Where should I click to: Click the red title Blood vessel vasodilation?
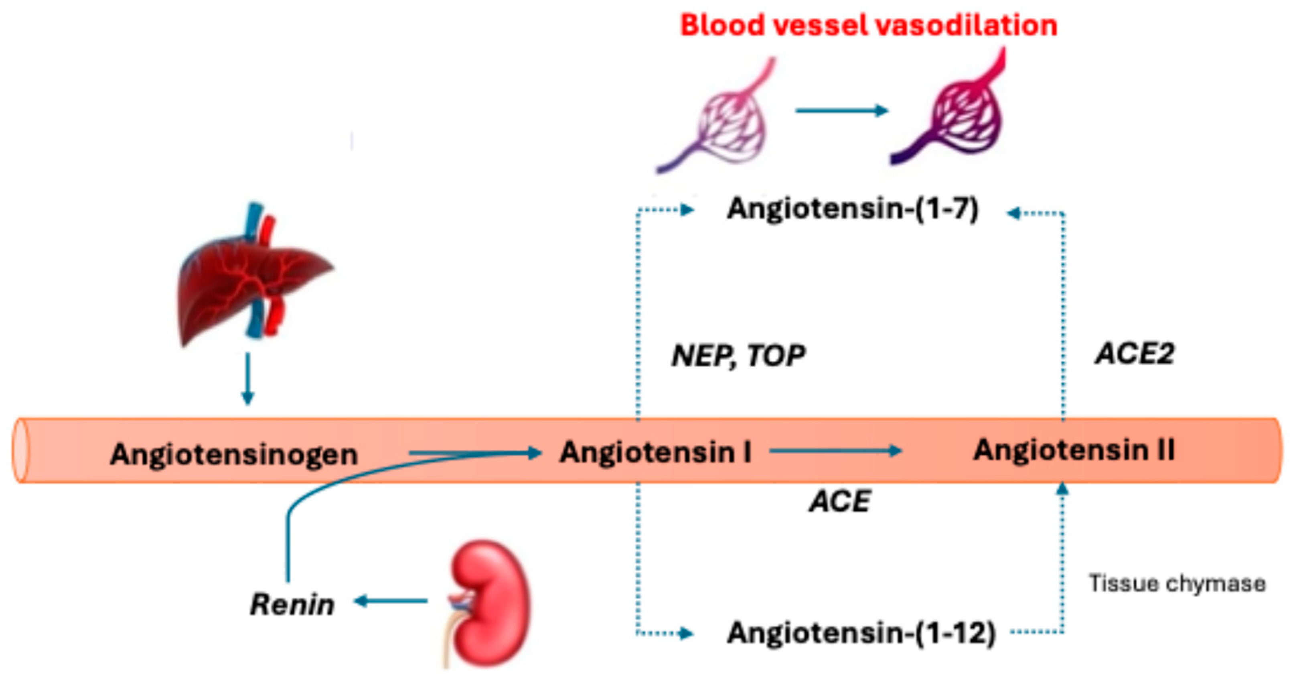tap(868, 25)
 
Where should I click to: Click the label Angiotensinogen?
tap(234, 455)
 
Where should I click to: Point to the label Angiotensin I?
tap(656, 452)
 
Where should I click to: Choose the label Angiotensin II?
tap(1074, 450)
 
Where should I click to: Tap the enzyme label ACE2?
tap(1135, 354)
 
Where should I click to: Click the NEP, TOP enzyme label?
tap(738, 356)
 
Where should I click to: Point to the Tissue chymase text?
tap(1177, 583)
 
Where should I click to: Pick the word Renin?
tap(292, 604)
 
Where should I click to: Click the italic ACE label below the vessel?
tap(840, 501)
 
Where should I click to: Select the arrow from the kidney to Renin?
tap(391, 601)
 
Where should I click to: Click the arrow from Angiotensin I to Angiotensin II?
tap(835, 451)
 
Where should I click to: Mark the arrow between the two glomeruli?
tap(841, 110)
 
